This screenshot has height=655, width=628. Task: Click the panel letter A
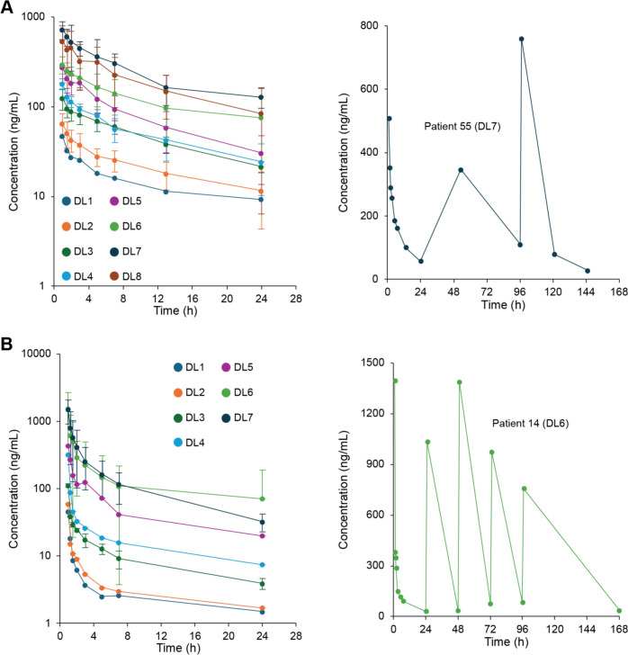8,8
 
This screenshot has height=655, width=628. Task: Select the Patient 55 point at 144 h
587,271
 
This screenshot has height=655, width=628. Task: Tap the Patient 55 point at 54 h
460,170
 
